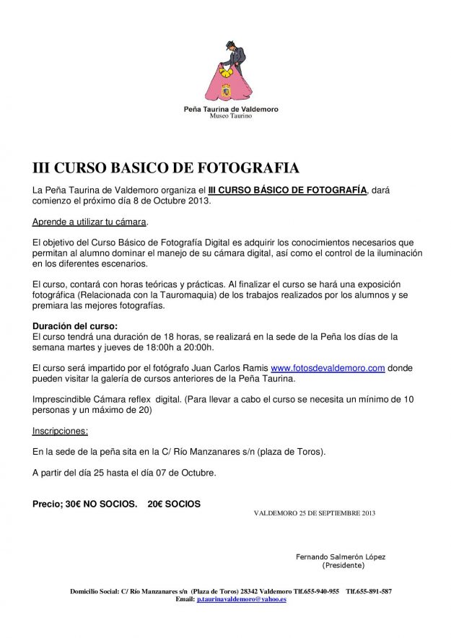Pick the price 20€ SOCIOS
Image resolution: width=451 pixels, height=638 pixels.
tap(174, 502)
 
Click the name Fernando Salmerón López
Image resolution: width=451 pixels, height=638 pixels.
tap(341, 557)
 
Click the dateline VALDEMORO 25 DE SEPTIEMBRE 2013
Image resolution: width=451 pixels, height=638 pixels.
tap(315, 513)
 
